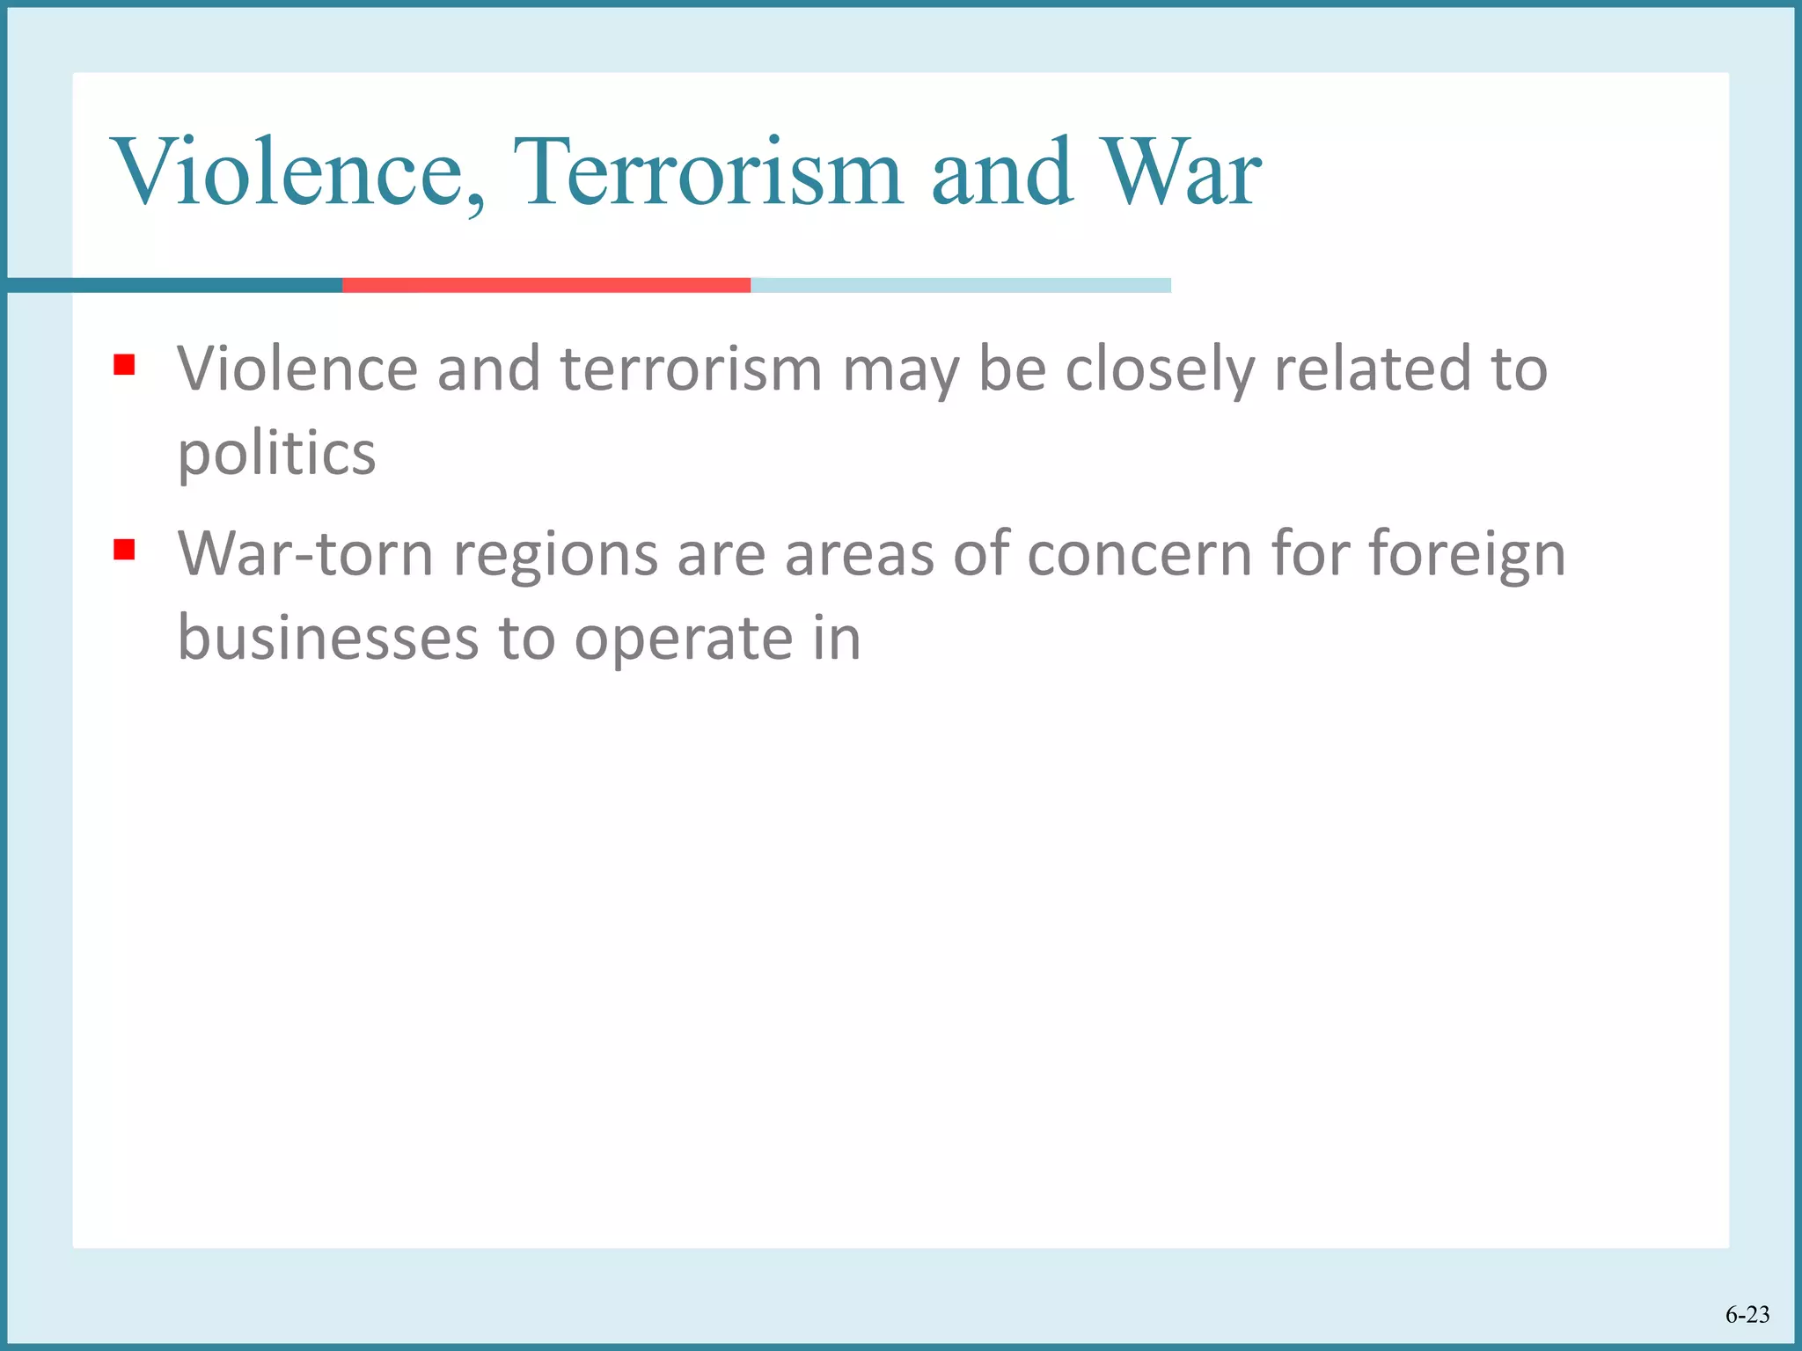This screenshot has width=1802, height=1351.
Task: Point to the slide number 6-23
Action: click(x=1747, y=1314)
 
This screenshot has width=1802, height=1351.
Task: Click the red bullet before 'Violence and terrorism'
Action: click(x=124, y=364)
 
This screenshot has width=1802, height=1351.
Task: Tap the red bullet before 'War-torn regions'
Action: click(x=124, y=551)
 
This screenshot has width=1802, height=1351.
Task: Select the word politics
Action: click(x=276, y=454)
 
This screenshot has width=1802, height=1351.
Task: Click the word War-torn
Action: click(x=305, y=554)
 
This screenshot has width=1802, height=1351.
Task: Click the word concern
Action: click(x=1139, y=554)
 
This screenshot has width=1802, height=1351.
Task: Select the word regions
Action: click(x=555, y=556)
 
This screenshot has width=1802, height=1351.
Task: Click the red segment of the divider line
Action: click(x=546, y=285)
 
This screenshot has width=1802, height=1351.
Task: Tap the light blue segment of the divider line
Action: click(x=960, y=285)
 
